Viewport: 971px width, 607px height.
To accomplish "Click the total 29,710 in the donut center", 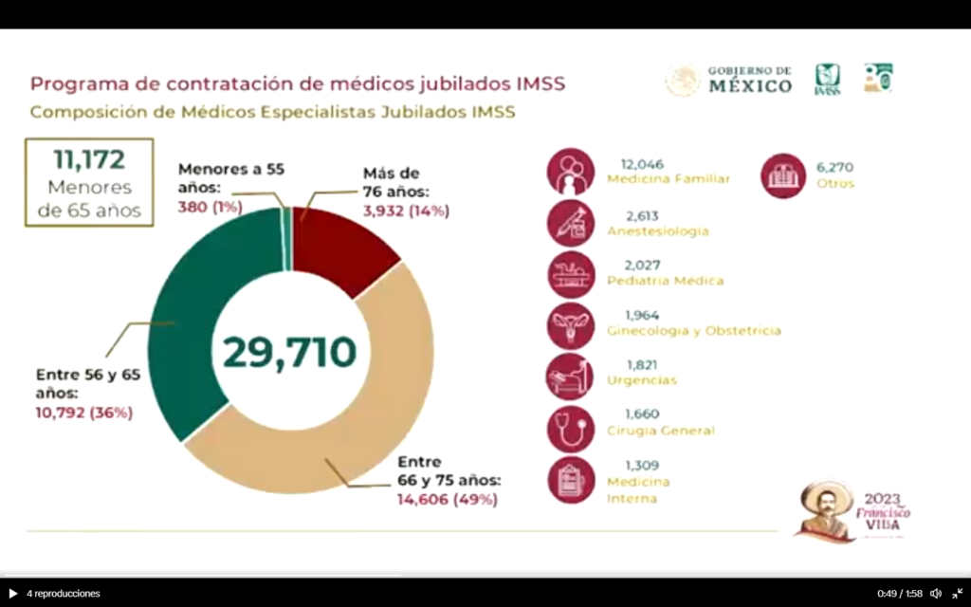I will (x=290, y=352).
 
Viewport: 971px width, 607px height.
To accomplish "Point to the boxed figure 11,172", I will (x=90, y=157).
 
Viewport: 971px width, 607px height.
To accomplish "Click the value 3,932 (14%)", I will (x=406, y=212).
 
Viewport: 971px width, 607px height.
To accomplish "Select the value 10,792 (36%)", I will (x=84, y=413).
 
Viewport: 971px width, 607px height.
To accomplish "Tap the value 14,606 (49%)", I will (x=447, y=499).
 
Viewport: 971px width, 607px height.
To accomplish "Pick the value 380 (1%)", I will (x=211, y=206).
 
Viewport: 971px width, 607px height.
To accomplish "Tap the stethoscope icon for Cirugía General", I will (x=571, y=429).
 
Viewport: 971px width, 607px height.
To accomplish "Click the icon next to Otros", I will (x=783, y=175).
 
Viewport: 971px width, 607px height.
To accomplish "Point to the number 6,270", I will (x=834, y=167).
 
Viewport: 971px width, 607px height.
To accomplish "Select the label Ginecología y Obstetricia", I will (x=694, y=331).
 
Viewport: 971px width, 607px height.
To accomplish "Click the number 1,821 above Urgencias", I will (x=642, y=364).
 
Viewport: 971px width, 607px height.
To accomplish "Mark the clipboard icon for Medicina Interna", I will (x=571, y=480).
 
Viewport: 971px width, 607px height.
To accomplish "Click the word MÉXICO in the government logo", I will (x=750, y=86).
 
